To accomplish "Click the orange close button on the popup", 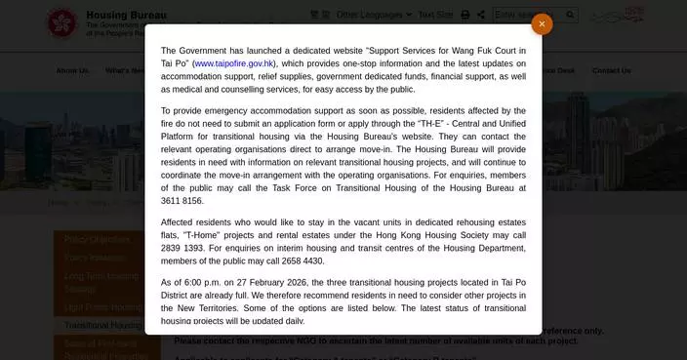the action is [542, 24].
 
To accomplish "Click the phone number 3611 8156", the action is [182, 200].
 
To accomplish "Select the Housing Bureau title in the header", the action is [126, 15].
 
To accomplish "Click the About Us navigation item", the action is [72, 70].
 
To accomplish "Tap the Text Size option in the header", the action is [435, 15].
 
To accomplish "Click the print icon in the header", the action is [465, 15].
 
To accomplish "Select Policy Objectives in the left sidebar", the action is [98, 239].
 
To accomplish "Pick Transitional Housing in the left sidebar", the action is [101, 325].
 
